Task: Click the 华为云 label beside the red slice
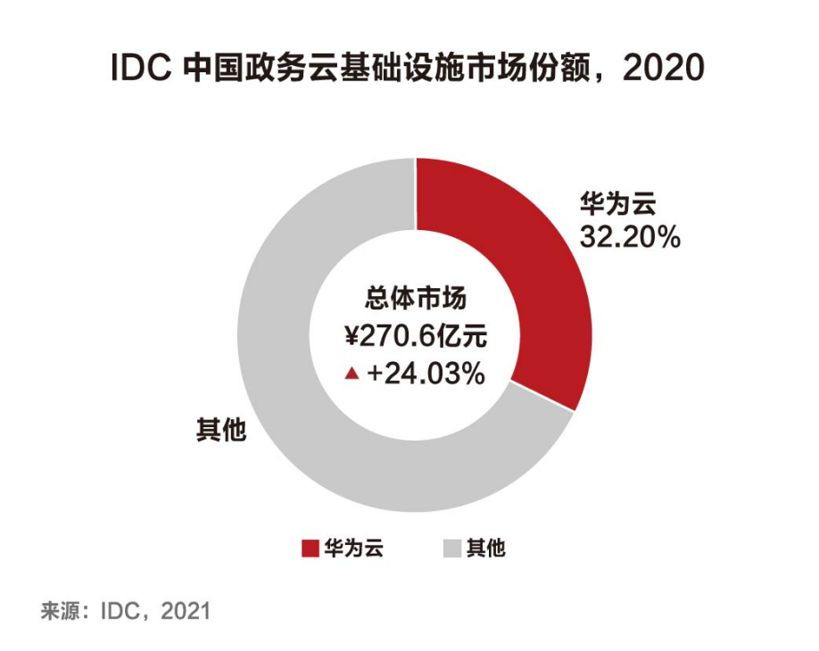pos(617,204)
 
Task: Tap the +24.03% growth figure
pos(426,375)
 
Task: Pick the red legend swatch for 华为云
pos(310,548)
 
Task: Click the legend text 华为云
pos(354,548)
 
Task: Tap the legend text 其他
pos(485,548)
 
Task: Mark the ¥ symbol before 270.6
pos(352,336)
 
